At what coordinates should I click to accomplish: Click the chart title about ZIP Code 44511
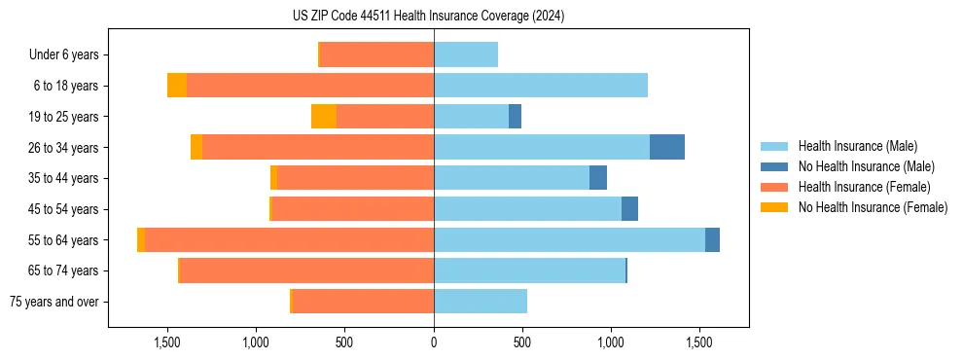(x=428, y=17)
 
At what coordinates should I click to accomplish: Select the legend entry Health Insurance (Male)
(x=856, y=147)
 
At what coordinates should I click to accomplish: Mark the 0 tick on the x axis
(x=434, y=343)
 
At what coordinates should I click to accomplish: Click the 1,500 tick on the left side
(x=167, y=343)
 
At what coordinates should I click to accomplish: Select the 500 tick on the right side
(x=522, y=343)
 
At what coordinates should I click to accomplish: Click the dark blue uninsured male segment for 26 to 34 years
(x=667, y=147)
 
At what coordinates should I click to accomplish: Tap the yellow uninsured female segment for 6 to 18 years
(x=177, y=86)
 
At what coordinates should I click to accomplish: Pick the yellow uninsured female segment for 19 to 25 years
(x=324, y=117)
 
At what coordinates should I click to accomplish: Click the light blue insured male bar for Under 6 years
(x=466, y=55)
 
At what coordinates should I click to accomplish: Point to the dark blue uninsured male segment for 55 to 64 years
(x=712, y=239)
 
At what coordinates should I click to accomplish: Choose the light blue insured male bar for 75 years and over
(x=481, y=302)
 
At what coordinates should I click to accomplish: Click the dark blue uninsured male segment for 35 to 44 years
(x=598, y=178)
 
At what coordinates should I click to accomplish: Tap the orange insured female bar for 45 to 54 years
(x=353, y=209)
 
